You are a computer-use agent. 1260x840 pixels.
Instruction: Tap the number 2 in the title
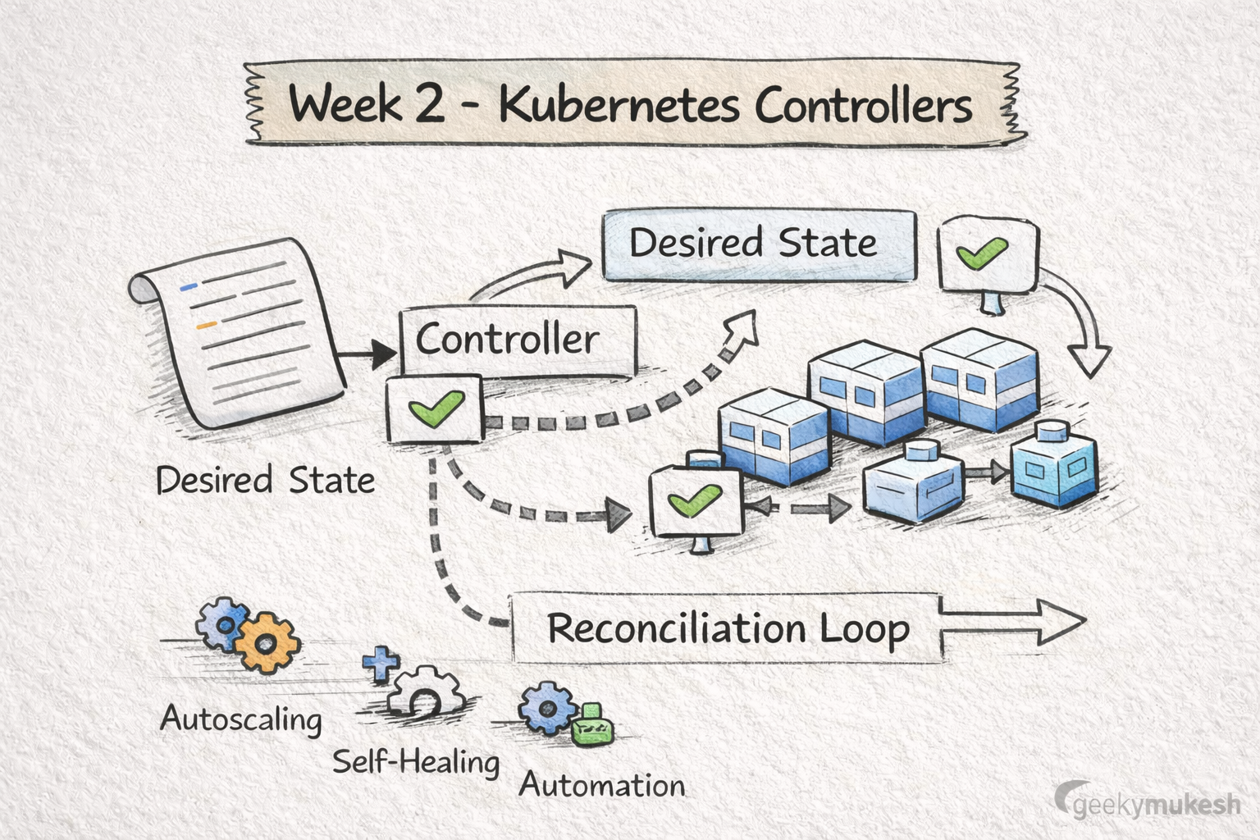[x=427, y=106]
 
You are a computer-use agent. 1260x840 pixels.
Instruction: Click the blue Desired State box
[x=759, y=244]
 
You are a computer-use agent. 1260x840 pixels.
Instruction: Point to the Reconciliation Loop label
[x=728, y=629]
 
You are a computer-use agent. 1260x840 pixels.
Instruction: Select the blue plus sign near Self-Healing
[x=380, y=663]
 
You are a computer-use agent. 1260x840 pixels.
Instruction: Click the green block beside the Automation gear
[x=592, y=725]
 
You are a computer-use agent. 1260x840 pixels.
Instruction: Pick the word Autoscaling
[x=241, y=719]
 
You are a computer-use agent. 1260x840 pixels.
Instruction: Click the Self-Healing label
[x=416, y=762]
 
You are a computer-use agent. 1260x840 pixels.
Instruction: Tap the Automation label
[x=602, y=786]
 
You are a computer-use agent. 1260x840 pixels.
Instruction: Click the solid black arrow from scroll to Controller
[x=367, y=354]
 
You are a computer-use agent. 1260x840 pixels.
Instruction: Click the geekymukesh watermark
[x=1148, y=804]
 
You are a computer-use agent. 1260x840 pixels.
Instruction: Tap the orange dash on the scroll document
[x=206, y=326]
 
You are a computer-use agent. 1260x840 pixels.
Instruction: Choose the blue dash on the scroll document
[x=189, y=287]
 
